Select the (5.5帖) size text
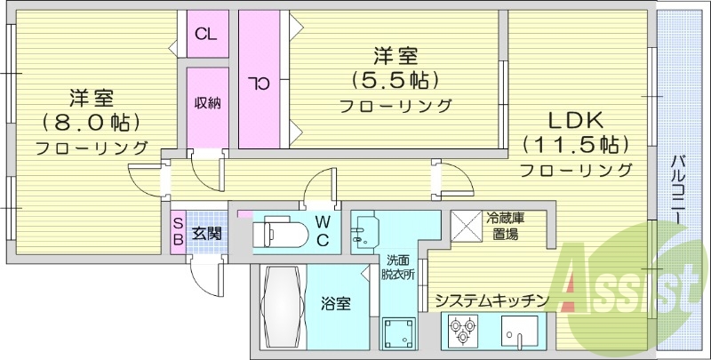coord(395,81)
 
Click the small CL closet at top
coord(206,36)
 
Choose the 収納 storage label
coord(208,102)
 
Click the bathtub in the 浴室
coord(282,307)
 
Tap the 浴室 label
coord(335,304)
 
